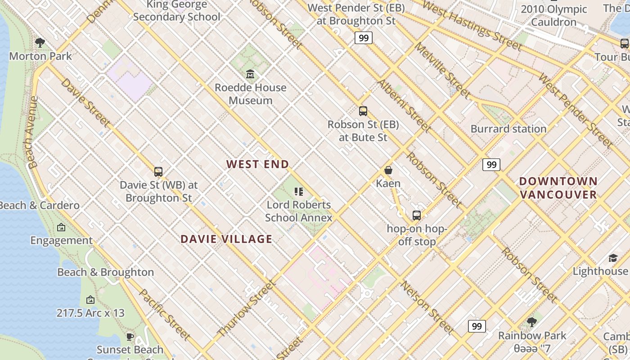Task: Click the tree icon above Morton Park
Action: tap(40, 43)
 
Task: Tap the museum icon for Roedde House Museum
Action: tap(250, 74)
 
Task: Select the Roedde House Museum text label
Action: tap(250, 94)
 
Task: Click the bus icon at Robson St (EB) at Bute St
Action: tap(363, 111)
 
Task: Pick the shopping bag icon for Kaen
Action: tap(388, 170)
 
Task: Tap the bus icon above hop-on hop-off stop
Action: tap(417, 215)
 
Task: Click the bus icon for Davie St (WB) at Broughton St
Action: tap(158, 171)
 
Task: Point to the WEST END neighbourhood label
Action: tap(257, 164)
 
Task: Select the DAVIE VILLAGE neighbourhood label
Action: tap(226, 239)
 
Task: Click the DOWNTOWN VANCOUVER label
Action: tap(558, 188)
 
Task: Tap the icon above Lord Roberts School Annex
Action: tap(298, 192)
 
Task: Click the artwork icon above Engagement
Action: tap(61, 227)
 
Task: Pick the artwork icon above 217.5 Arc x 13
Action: tap(90, 300)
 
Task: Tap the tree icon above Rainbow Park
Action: tap(531, 322)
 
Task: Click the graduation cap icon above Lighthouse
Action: tap(613, 258)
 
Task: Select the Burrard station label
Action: tap(508, 129)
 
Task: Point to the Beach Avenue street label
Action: tap(32, 133)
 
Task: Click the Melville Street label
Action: tap(442, 71)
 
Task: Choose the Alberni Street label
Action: tap(404, 106)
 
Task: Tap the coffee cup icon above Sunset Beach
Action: tap(130, 337)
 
